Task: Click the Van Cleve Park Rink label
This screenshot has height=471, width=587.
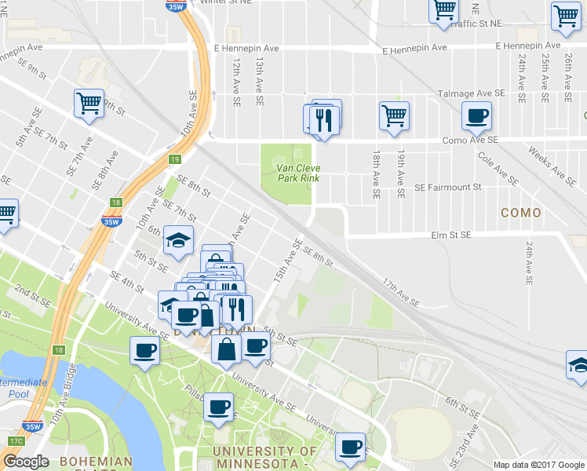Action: [298, 172]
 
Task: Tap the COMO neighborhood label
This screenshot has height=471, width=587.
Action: [521, 213]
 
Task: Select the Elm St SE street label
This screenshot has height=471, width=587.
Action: [450, 235]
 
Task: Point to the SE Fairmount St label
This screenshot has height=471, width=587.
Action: [447, 188]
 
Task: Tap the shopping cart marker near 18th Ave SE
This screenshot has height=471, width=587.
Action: [394, 115]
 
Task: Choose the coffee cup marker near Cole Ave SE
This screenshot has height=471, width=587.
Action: [476, 116]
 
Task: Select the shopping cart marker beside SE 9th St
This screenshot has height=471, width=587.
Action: [89, 103]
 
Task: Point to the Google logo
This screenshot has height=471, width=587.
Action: [27, 462]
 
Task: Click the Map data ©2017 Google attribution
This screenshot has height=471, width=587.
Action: [539, 465]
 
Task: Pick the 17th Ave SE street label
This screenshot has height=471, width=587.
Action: [401, 290]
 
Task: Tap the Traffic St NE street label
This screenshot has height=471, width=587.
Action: [477, 24]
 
